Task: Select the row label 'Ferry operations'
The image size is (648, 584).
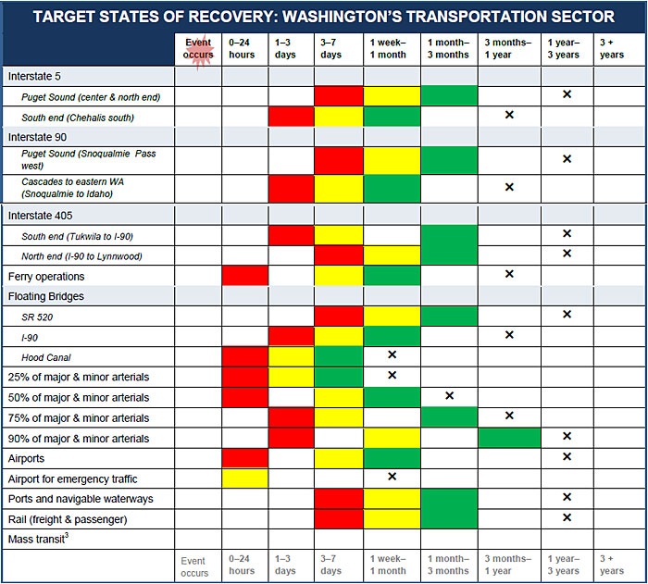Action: tap(46, 276)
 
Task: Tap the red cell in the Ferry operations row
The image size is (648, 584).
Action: tap(245, 276)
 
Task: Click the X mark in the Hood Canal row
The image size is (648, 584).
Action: tap(392, 355)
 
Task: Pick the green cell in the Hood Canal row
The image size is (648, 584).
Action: tap(339, 356)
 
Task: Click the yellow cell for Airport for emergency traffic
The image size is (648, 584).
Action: tap(245, 478)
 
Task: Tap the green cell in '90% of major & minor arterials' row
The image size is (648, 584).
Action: tap(509, 438)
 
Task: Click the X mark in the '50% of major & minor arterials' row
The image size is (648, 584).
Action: tap(449, 396)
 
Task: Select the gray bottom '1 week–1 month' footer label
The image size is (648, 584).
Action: tap(388, 565)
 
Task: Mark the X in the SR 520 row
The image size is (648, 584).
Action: tap(567, 315)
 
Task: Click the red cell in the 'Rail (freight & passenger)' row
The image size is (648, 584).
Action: tap(339, 518)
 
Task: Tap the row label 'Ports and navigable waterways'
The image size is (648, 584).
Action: tap(81, 499)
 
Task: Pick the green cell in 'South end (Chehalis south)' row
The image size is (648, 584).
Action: tap(392, 116)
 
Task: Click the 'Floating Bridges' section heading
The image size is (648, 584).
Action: tap(46, 296)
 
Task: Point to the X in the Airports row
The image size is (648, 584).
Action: tap(567, 457)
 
